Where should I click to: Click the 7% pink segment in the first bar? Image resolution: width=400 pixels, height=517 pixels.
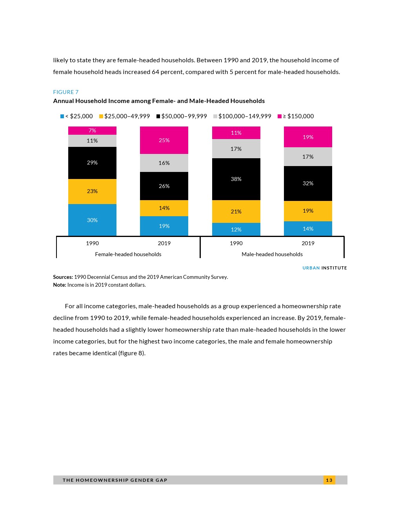(92, 130)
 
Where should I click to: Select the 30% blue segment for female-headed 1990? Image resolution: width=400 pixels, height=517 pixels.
(92, 220)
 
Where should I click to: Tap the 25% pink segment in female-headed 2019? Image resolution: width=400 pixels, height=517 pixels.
(164, 140)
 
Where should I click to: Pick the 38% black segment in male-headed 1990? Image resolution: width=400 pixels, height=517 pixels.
(236, 179)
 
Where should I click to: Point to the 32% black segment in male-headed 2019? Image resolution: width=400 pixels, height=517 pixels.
(308, 183)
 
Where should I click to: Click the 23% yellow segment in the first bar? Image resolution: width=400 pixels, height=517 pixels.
(92, 191)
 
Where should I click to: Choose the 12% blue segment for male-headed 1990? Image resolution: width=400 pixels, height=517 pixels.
(236, 230)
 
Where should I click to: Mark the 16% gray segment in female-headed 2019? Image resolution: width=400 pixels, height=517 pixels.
(164, 163)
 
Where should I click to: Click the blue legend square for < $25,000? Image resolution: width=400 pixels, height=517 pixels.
(62, 116)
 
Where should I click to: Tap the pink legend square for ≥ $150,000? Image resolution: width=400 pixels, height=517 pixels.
(280, 116)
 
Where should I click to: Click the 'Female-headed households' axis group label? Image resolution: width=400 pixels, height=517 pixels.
(128, 254)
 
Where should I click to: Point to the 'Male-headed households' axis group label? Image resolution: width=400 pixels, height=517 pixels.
(272, 254)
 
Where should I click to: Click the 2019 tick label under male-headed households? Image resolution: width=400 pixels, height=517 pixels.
(308, 243)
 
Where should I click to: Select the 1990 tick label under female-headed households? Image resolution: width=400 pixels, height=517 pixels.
(92, 243)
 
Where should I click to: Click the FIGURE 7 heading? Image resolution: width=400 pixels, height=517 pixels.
(66, 92)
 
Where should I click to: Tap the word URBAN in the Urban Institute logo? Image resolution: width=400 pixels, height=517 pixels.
(311, 268)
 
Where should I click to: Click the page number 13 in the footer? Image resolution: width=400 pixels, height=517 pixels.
(329, 480)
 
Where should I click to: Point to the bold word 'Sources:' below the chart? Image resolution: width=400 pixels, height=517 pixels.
(63, 277)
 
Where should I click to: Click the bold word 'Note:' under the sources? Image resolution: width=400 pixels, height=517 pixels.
(60, 285)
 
